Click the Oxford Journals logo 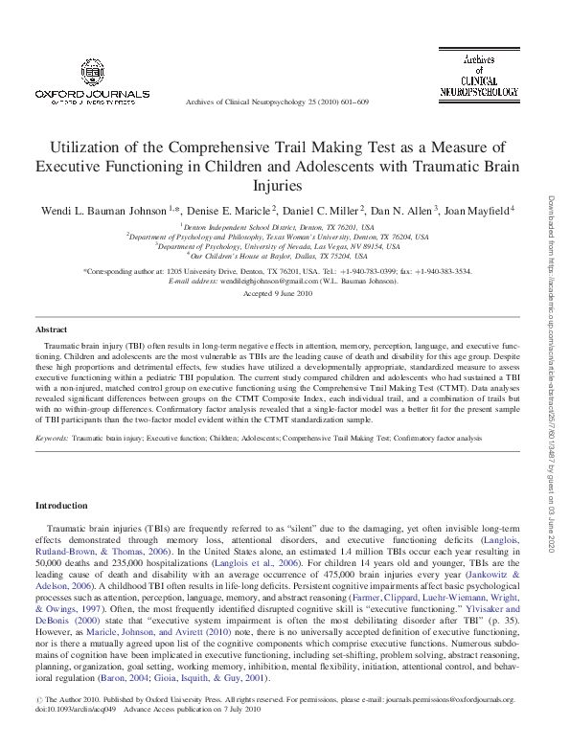click(x=92, y=81)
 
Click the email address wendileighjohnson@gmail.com click(x=257, y=282)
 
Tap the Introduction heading click(x=61, y=505)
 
